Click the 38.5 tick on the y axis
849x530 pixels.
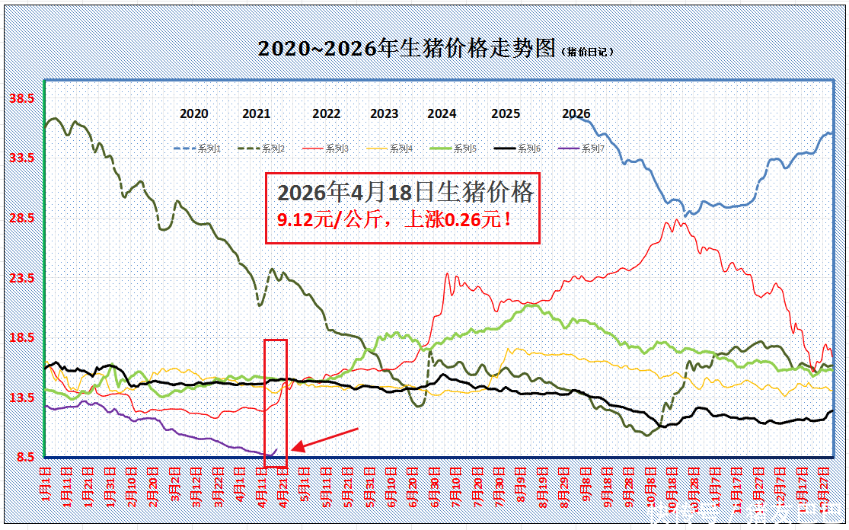tap(21, 98)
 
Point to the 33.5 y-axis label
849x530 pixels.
tap(21, 158)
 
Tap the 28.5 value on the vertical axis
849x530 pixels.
tap(21, 219)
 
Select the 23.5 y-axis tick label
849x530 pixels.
tap(21, 279)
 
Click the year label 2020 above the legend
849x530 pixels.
tap(194, 114)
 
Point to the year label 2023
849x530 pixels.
tap(384, 114)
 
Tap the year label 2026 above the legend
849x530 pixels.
tap(576, 114)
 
